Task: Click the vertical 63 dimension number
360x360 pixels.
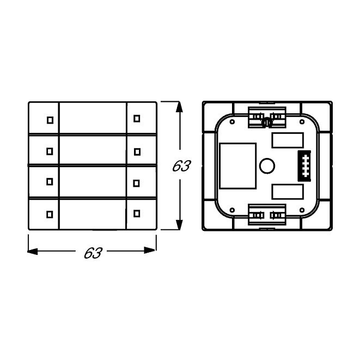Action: (181, 166)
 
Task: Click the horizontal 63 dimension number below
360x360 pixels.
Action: (93, 253)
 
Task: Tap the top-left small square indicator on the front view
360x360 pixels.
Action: (50, 120)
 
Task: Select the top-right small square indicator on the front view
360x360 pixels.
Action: (137, 119)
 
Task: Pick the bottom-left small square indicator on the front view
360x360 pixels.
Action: (50, 215)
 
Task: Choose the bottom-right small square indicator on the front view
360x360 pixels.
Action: (137, 213)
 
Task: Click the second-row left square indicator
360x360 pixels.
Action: (50, 151)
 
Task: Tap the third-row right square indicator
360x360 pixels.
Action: (136, 183)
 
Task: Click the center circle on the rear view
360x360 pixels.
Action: (267, 166)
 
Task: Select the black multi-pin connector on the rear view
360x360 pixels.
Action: (304, 166)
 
